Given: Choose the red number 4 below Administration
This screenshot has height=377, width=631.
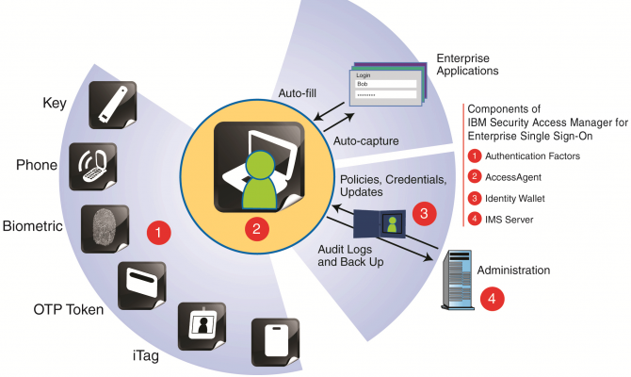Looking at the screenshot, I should pyautogui.click(x=491, y=299).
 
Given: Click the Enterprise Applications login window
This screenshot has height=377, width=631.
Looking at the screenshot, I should pyautogui.click(x=387, y=90).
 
